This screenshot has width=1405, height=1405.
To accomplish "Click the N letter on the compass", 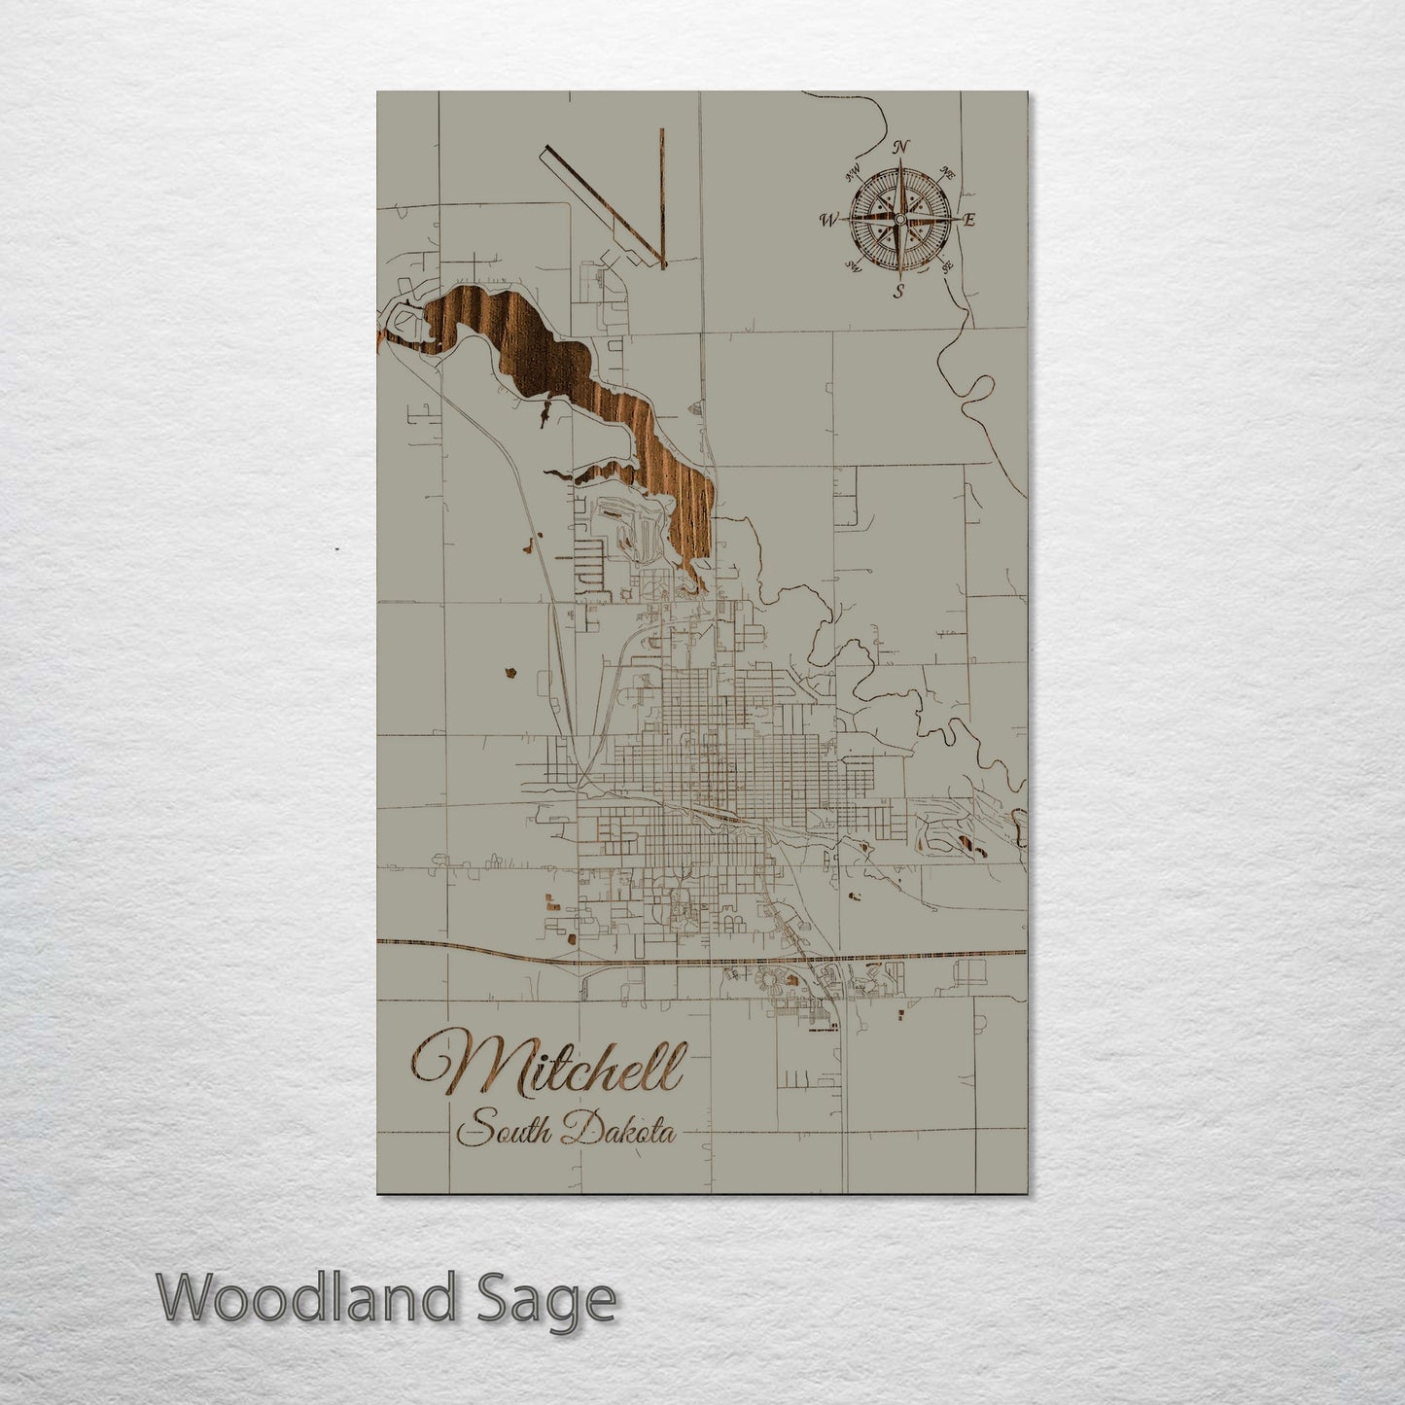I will [901, 147].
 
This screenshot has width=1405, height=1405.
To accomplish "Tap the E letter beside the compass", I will [968, 220].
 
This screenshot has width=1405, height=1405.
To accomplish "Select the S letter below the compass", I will [899, 290].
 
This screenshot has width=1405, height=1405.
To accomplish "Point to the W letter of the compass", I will [828, 220].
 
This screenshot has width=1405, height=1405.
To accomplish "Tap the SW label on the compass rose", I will [854, 265].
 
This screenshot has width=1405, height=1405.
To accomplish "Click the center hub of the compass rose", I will [899, 220].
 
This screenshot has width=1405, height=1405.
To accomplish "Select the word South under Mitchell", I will [505, 1132].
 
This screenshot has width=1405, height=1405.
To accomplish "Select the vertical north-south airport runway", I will [660, 194].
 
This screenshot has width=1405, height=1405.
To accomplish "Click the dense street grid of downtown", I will [710, 758].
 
